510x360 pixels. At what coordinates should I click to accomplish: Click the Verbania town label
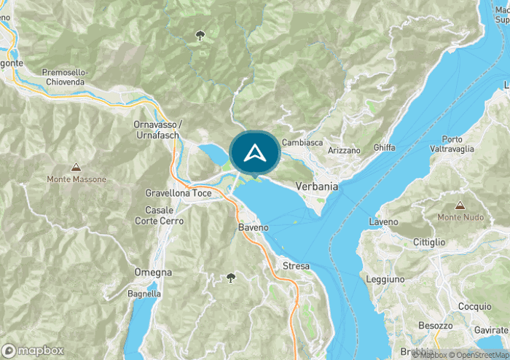[x=317, y=187]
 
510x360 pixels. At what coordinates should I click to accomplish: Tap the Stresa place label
[x=296, y=266]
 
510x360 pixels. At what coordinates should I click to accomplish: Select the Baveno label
[x=254, y=227]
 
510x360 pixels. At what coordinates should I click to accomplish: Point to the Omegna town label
[x=153, y=272]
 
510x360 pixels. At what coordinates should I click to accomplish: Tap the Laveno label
[x=384, y=221]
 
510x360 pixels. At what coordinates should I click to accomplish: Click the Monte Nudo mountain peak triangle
[x=460, y=205]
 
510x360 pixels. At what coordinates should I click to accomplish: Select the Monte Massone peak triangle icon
[x=76, y=167]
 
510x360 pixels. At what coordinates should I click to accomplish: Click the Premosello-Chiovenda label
[x=64, y=77]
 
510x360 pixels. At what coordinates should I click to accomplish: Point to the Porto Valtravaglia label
[x=457, y=144]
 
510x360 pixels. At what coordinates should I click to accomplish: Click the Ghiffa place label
[x=384, y=148]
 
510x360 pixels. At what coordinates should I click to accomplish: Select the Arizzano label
[x=344, y=150]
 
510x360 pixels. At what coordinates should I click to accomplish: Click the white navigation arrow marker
[x=254, y=153]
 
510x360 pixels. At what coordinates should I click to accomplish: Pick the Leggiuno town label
[x=386, y=279]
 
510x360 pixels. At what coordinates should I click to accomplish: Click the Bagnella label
[x=144, y=294]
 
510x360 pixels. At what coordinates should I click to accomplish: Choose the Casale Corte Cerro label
[x=160, y=215]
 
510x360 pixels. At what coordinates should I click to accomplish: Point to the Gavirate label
[x=490, y=330]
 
